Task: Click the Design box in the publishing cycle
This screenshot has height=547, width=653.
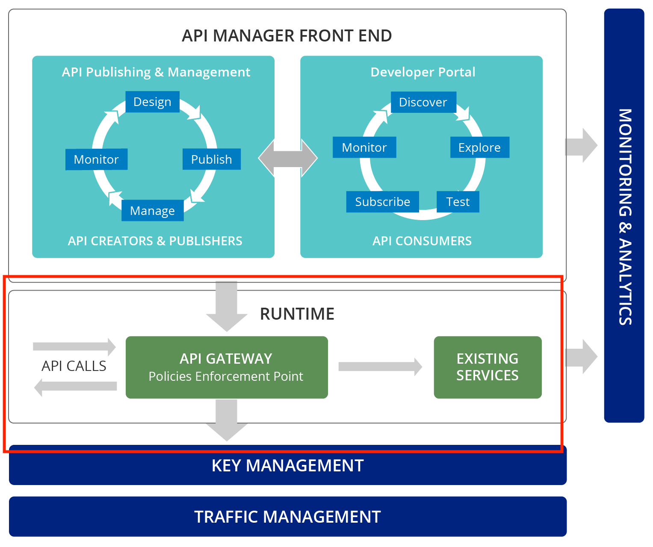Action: click(152, 102)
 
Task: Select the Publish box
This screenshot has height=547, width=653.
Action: click(211, 159)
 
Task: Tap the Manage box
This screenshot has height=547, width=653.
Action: click(152, 210)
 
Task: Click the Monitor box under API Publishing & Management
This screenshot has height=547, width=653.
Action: click(96, 159)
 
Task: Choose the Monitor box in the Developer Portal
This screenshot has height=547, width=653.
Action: click(364, 147)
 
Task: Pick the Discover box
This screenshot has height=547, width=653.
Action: click(423, 102)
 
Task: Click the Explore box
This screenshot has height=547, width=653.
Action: click(479, 147)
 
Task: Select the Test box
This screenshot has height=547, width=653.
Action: click(458, 202)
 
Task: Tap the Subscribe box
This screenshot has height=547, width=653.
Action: click(382, 202)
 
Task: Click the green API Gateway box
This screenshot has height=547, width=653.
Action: click(227, 367)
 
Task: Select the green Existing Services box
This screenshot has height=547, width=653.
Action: click(488, 367)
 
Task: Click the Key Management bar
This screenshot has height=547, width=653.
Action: click(287, 466)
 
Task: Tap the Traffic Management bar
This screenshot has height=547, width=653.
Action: click(287, 517)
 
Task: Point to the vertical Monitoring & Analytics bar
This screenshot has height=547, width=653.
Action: click(624, 216)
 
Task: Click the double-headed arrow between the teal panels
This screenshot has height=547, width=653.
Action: click(288, 158)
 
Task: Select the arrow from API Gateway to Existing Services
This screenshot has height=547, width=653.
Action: click(380, 367)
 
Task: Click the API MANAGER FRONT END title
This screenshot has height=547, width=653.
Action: click(287, 35)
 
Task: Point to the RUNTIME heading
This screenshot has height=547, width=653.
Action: click(297, 314)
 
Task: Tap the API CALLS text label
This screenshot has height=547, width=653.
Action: click(74, 366)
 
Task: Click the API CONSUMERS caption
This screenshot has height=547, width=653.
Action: click(422, 241)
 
